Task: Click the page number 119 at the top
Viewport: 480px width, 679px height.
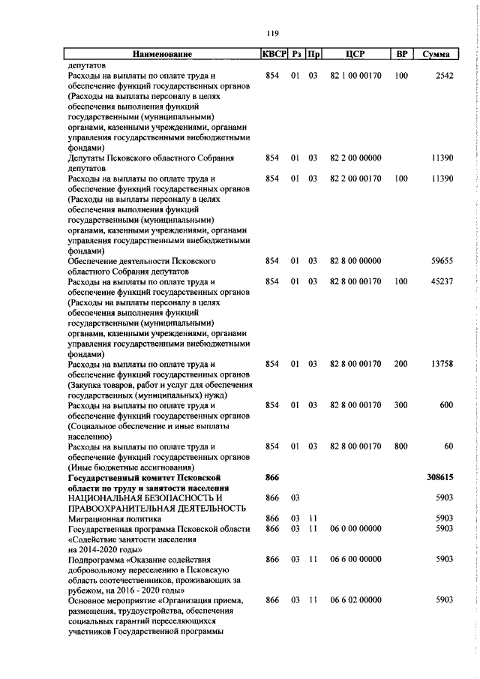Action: point(272,32)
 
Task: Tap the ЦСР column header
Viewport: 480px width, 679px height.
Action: point(355,54)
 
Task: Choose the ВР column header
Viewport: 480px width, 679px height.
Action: point(401,54)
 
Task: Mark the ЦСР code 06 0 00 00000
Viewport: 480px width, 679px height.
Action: point(355,528)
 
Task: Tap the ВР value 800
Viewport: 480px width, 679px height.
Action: point(401,446)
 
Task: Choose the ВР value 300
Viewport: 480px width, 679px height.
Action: point(401,405)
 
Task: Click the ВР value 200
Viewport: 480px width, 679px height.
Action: point(401,364)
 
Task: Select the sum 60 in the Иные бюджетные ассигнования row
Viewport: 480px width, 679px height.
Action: point(448,446)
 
